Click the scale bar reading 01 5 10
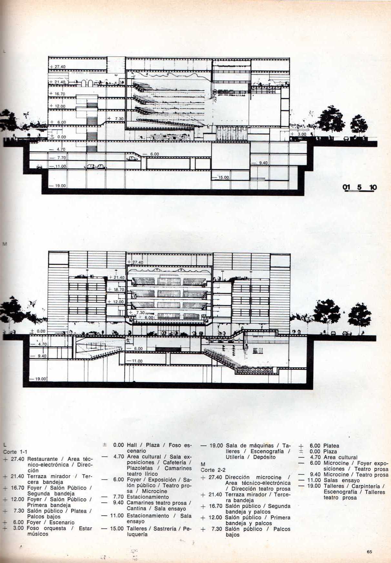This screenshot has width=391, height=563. [359, 188]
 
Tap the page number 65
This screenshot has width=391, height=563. [369, 552]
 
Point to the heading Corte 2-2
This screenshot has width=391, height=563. [213, 470]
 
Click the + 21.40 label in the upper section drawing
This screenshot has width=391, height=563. [57, 82]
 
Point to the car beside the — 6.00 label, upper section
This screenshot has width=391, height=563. [132, 158]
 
